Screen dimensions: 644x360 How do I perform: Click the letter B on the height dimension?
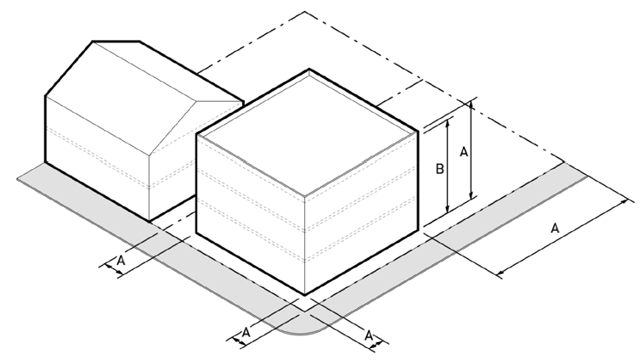pyautogui.click(x=439, y=169)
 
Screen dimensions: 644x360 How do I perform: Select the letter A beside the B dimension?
pyautogui.click(x=464, y=152)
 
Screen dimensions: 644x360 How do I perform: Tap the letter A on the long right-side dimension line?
pyautogui.click(x=555, y=228)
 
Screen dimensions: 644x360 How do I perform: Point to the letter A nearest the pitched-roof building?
pyautogui.click(x=121, y=261)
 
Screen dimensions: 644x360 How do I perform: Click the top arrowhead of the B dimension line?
pyautogui.click(x=448, y=121)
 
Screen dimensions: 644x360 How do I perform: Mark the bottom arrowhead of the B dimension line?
pyautogui.click(x=448, y=209)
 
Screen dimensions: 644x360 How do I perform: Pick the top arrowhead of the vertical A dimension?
pyautogui.click(x=471, y=105)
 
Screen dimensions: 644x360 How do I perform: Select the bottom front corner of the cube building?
pyautogui.click(x=304, y=295)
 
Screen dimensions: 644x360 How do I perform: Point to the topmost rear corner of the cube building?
pyautogui.click(x=309, y=70)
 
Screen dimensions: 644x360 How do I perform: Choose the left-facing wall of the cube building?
pyautogui.click(x=251, y=213)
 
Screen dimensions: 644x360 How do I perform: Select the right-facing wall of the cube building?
pyautogui.click(x=361, y=213)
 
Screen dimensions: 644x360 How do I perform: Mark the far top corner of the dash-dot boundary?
pyautogui.click(x=305, y=12)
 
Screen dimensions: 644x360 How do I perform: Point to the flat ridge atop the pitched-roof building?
pyautogui.click(x=116, y=41)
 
